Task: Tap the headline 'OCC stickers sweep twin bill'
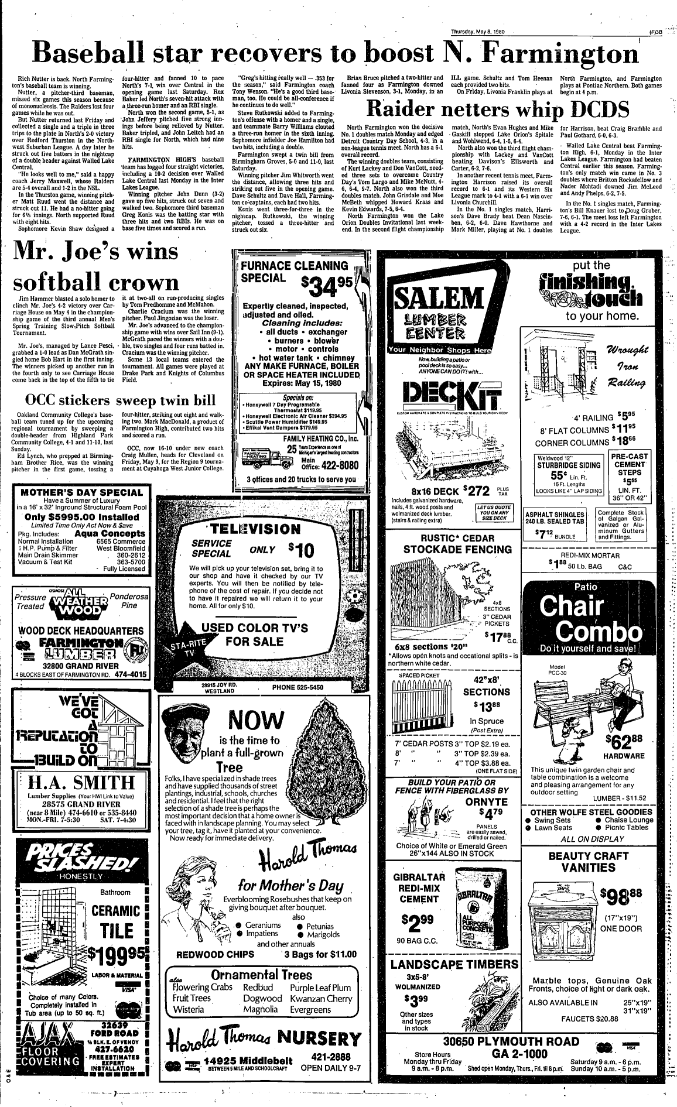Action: click(x=119, y=401)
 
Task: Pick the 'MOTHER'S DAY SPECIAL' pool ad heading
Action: click(x=81, y=492)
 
